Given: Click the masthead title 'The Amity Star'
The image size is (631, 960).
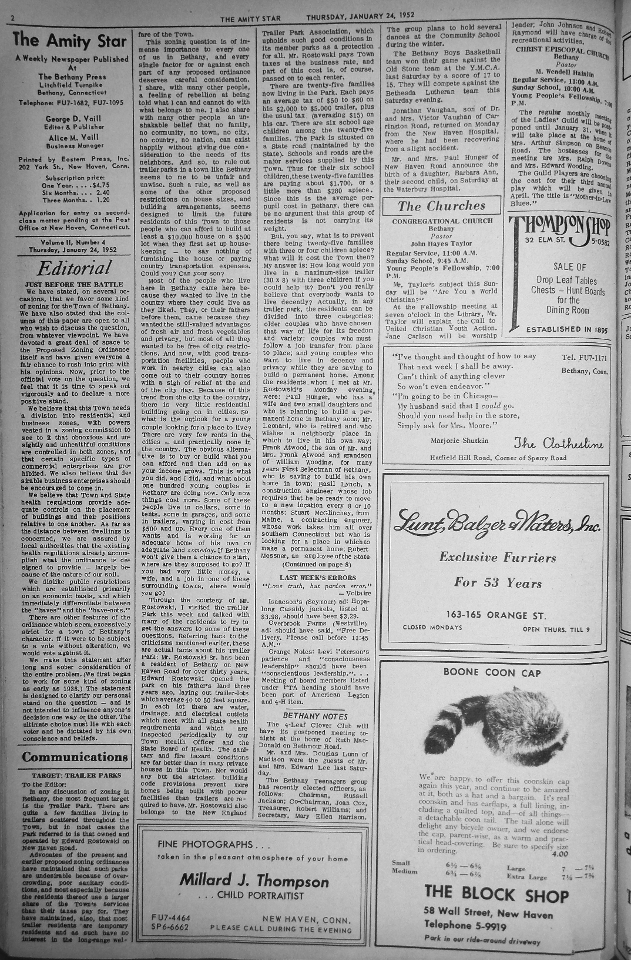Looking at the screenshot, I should pyautogui.click(x=72, y=41).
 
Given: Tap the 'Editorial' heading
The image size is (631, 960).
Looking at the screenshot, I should pyautogui.click(x=74, y=269).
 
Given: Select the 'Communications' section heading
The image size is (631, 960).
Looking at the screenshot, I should pyautogui.click(x=75, y=756).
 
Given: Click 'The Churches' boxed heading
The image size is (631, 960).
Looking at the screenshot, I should pyautogui.click(x=441, y=206).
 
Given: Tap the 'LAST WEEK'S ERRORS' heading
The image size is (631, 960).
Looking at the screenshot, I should pyautogui.click(x=317, y=578).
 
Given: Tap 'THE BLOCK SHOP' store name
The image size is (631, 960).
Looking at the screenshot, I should pyautogui.click(x=496, y=895).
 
